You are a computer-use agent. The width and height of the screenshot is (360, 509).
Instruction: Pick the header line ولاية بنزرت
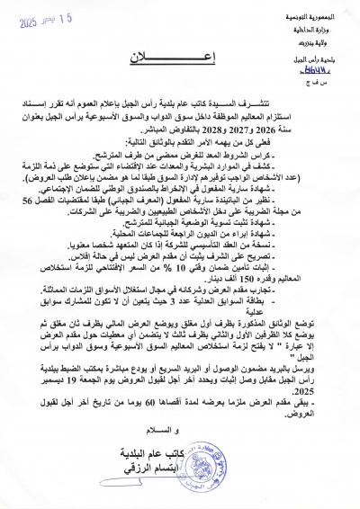pyautogui.click(x=332, y=40)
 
